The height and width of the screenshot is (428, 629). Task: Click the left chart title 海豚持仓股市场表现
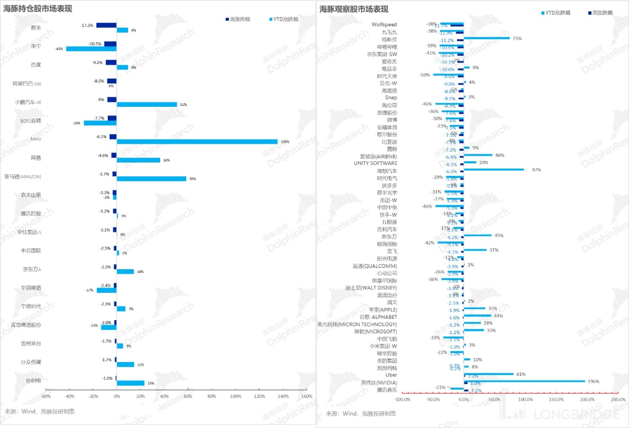[38, 8]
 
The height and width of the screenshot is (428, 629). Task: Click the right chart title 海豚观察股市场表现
[354, 9]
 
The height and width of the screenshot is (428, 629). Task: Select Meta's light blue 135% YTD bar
[197, 142]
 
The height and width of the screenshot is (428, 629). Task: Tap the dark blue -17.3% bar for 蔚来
[106, 25]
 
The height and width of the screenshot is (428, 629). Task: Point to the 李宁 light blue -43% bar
[91, 49]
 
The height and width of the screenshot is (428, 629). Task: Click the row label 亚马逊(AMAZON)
[23, 176]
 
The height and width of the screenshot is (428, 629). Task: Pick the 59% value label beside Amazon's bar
[192, 179]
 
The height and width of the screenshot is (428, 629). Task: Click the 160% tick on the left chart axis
[307, 396]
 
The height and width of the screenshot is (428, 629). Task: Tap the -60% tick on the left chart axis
[46, 396]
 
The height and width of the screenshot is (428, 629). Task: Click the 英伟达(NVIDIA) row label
[379, 382]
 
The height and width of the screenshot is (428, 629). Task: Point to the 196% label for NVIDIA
[593, 381]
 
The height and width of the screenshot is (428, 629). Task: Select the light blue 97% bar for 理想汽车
[494, 169]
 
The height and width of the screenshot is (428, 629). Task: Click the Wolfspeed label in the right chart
[384, 24]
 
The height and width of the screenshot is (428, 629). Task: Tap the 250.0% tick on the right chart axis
[618, 399]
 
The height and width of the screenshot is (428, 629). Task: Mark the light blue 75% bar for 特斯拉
[487, 38]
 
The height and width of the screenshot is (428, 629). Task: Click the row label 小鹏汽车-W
[28, 102]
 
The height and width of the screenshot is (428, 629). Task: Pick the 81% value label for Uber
[521, 374]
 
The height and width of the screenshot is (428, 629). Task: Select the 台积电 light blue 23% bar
[130, 383]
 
